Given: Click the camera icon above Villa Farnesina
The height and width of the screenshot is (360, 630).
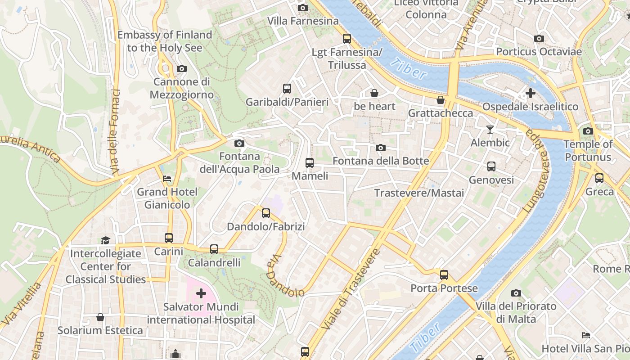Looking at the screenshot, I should (x=303, y=8).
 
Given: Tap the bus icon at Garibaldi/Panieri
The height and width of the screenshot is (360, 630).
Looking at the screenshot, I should (x=287, y=89).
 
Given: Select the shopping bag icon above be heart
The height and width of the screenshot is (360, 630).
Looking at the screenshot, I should (x=374, y=93).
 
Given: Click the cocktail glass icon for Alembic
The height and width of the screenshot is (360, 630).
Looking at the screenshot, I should (x=490, y=130).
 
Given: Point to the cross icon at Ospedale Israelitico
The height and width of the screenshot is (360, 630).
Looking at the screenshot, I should (x=530, y=93).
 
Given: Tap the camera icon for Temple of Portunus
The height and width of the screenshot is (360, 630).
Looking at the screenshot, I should (x=588, y=131).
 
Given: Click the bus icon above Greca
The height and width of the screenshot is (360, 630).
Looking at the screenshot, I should (x=599, y=178).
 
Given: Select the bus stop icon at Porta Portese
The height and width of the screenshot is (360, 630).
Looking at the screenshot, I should (x=444, y=274).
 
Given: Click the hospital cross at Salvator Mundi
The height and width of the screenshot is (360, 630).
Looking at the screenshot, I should (x=201, y=294).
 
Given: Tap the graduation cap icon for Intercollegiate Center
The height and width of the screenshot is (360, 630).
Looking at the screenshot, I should (x=105, y=240).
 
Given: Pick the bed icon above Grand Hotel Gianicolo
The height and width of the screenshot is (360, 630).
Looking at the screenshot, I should (x=167, y=179).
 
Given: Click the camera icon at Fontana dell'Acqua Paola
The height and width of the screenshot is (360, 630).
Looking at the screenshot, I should (x=239, y=143).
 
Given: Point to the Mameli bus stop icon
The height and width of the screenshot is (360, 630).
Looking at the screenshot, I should (x=310, y=163).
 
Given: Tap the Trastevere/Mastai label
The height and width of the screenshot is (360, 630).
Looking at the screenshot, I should (x=419, y=193).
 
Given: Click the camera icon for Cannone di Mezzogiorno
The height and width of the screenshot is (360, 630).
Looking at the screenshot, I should (x=182, y=69).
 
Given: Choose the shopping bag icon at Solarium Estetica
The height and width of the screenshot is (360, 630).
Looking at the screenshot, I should (x=100, y=317).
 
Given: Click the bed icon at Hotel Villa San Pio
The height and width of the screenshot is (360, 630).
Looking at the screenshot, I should (x=585, y=335).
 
